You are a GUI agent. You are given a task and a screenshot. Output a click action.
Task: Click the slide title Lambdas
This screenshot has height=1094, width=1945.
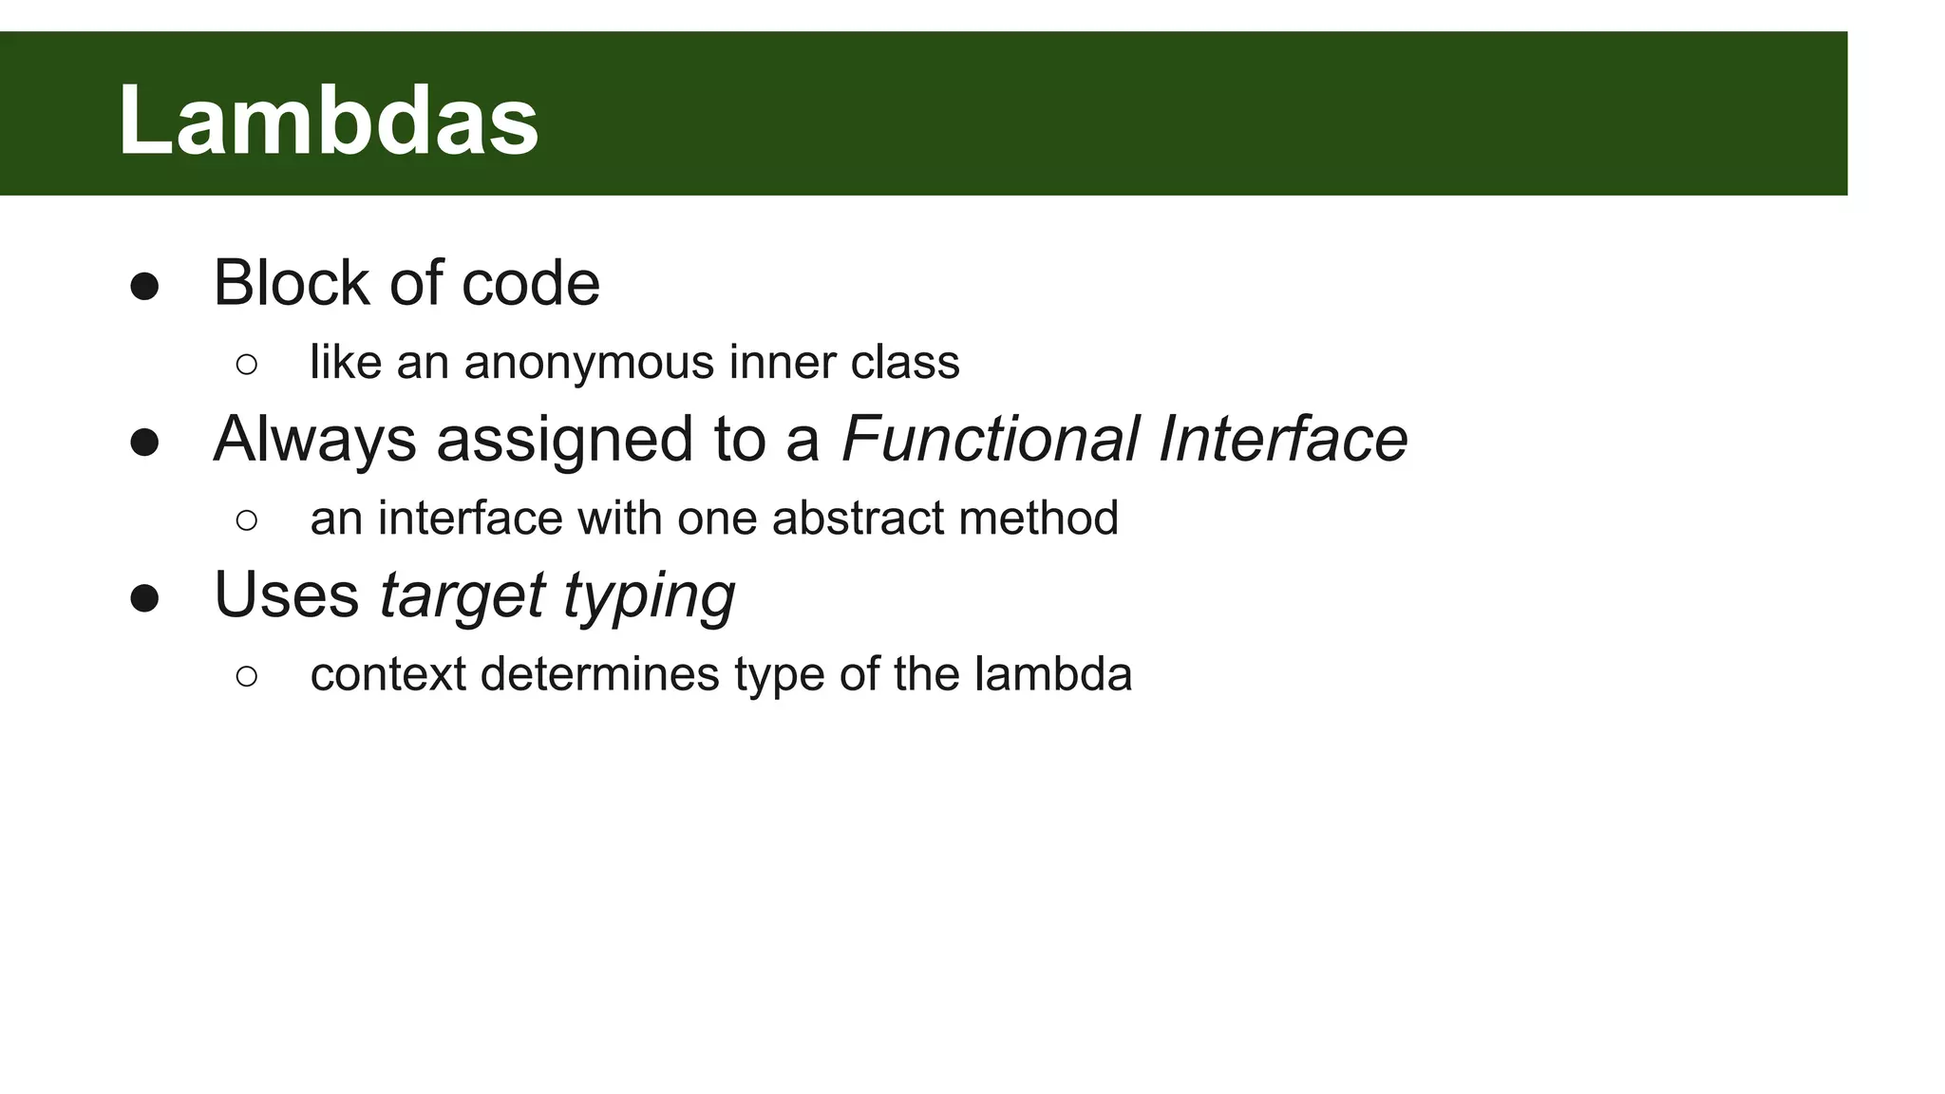click(x=328, y=120)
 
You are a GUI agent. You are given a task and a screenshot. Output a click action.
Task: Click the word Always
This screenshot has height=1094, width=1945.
click(x=314, y=440)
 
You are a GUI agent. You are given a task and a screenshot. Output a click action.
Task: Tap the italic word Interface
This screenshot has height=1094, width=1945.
click(x=1282, y=440)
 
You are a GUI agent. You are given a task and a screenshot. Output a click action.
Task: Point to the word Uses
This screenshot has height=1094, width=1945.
click(x=286, y=595)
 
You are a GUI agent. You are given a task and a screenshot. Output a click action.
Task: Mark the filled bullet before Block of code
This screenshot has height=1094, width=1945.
click(x=144, y=287)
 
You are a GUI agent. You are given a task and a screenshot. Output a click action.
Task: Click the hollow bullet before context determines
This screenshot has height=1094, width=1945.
click(x=246, y=676)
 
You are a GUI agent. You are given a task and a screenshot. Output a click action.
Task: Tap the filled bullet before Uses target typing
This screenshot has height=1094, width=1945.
click(x=144, y=599)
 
